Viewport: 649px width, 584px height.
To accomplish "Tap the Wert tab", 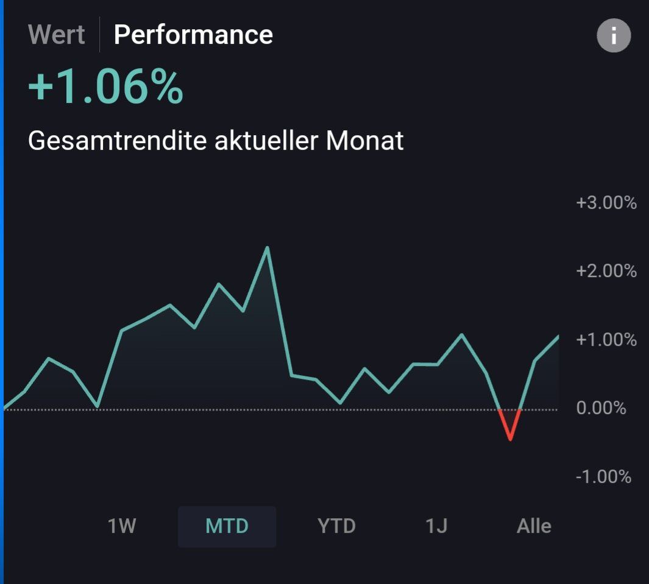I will click(57, 34).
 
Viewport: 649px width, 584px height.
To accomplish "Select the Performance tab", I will click(193, 34).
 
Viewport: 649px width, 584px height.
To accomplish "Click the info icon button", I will click(613, 36).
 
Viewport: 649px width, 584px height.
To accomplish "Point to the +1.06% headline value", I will click(105, 87).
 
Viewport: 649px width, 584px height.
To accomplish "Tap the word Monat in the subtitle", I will click(364, 141).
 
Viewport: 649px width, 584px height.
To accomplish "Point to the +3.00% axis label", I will click(606, 203).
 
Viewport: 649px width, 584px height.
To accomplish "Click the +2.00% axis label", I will click(606, 270).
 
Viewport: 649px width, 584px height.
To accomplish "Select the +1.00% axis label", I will click(606, 339).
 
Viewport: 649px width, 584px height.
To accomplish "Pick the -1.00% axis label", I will click(603, 476).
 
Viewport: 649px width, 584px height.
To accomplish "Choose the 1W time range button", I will click(122, 526).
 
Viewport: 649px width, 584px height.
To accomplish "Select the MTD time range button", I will click(227, 526).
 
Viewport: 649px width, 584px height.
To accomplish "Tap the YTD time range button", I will click(336, 526).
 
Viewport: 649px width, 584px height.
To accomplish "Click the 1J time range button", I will click(436, 526).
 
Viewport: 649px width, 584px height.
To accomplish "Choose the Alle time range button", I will click(534, 526).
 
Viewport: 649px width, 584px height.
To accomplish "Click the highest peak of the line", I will click(267, 248).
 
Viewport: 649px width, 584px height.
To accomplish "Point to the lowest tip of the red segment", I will click(510, 439).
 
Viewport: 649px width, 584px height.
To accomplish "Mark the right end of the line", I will click(558, 336).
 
